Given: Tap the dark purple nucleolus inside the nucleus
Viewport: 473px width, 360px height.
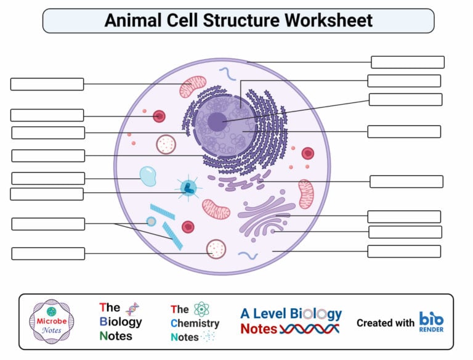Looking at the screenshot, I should tap(217, 121).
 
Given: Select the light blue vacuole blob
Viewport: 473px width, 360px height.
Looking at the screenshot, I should tap(148, 176).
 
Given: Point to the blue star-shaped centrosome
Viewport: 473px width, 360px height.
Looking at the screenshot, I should tap(188, 188).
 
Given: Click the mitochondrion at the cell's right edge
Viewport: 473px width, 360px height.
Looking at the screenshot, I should tap(306, 194).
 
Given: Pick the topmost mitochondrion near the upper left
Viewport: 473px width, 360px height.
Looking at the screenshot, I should tap(193, 87).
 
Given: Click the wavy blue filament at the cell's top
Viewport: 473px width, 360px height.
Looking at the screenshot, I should tap(227, 74).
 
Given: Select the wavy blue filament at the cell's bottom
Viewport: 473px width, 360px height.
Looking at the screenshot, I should tap(248, 255).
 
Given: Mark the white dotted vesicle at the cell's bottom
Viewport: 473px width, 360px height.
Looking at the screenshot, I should tap(216, 248).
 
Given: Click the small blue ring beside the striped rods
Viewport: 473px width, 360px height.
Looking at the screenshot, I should tap(151, 221).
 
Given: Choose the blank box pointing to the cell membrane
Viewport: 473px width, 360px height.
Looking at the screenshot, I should tap(407, 62).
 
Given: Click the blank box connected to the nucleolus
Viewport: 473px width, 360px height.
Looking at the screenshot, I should tap(405, 100).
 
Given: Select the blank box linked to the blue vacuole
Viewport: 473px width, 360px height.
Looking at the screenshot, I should tap(48, 178).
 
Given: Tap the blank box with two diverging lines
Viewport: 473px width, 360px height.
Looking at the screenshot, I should tap(47, 224).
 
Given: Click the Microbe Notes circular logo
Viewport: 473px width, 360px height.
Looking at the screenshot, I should tap(52, 322).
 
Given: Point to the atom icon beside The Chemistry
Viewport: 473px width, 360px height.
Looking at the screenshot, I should tap(201, 309).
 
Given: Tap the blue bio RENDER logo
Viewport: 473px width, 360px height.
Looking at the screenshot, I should tap(431, 322).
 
